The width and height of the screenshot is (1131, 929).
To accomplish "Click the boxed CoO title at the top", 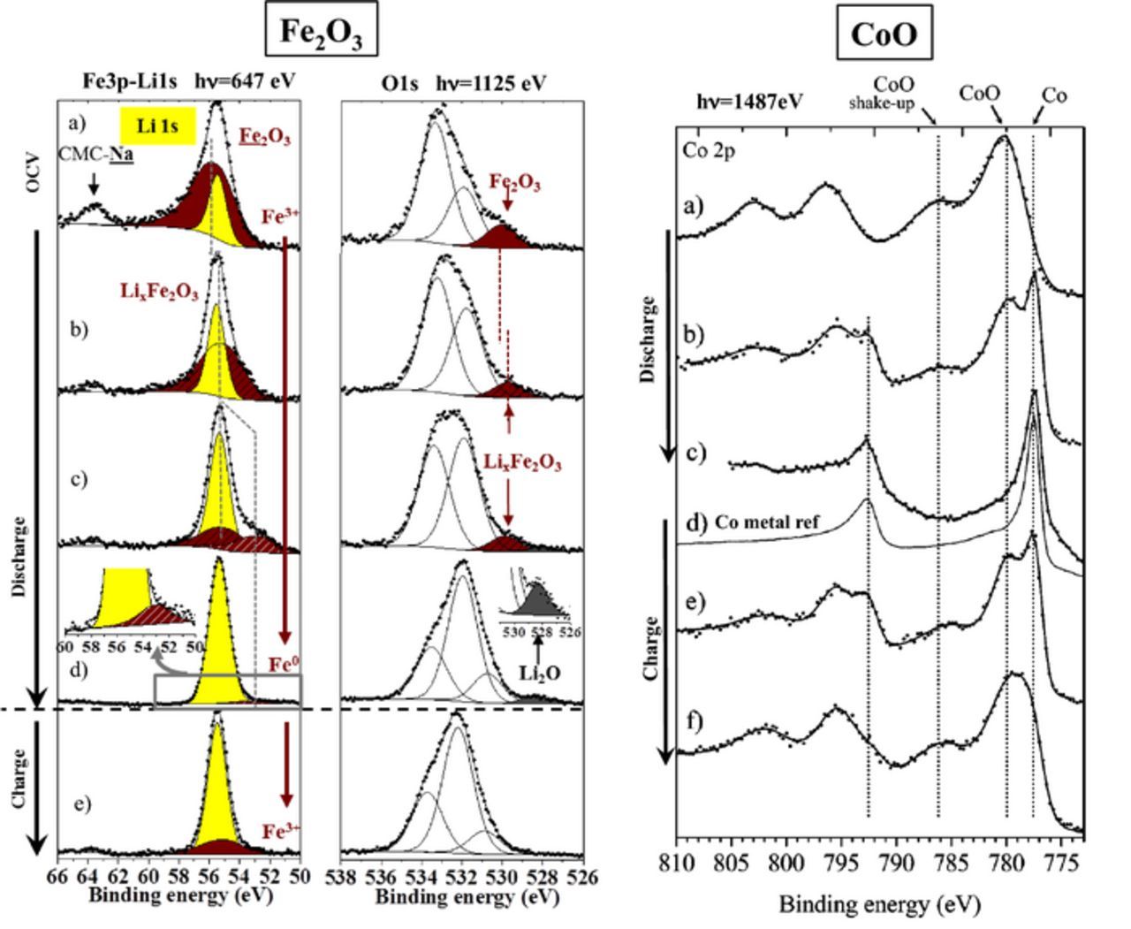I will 883,34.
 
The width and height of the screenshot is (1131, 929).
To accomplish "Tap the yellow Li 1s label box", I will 157,126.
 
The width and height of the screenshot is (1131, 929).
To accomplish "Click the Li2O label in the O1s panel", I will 538,673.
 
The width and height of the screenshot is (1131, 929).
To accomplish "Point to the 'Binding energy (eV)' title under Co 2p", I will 879,904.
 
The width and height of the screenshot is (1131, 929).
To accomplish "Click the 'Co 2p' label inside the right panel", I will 710,149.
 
